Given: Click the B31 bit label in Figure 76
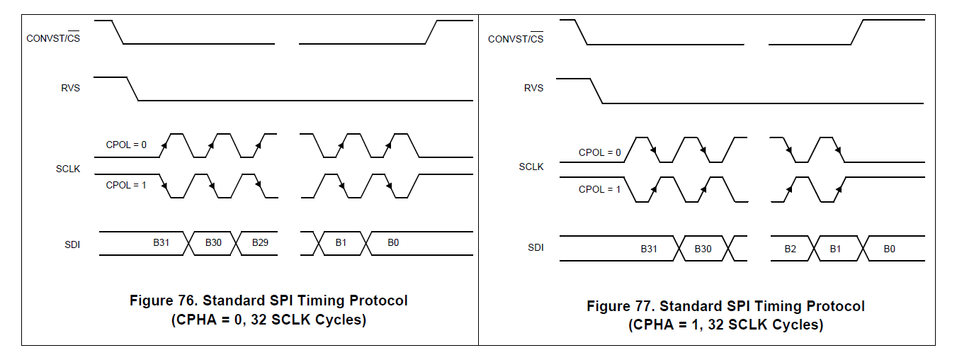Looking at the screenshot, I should click(162, 242).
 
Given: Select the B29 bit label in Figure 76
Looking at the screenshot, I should click(260, 242).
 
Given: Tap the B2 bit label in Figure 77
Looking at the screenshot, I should click(791, 249).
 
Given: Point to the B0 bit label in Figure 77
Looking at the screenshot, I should click(890, 249).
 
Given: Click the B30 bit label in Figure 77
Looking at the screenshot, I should click(703, 249).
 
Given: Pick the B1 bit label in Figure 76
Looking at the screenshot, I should click(341, 242).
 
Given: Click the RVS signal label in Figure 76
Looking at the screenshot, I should click(71, 89).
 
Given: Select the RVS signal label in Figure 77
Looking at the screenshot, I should click(534, 88).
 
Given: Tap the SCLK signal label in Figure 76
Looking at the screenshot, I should click(68, 169).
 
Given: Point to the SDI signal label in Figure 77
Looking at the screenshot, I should click(536, 247).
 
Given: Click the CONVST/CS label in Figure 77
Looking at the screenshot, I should click(516, 38).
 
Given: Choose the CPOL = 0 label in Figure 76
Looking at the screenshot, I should click(126, 145).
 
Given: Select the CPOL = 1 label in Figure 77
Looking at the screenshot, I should click(599, 189).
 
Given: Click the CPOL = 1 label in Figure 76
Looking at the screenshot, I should click(126, 185).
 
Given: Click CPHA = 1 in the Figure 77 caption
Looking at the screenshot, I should click(664, 325).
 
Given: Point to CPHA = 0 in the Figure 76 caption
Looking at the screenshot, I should click(207, 320).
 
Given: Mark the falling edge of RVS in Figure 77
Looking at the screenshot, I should click(596, 91).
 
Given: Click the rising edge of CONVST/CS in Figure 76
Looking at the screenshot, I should click(431, 32).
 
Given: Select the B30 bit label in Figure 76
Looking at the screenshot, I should click(213, 242).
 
